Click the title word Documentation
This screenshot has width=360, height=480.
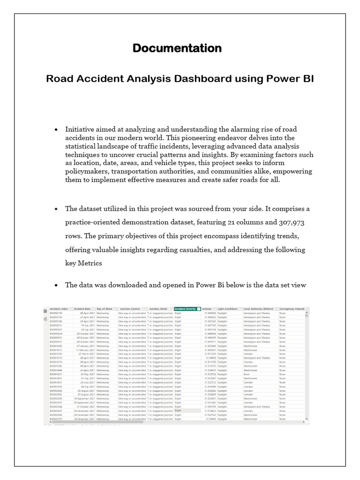[x=177, y=48]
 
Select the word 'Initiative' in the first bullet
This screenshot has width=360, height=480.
[x=82, y=129]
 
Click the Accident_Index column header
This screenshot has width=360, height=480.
[x=59, y=309]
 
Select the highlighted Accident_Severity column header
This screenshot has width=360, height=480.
[x=185, y=309]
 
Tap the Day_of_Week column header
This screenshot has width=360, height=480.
[x=105, y=309]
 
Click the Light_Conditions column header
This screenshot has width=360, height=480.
[x=227, y=309]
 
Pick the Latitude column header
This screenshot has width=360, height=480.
[x=207, y=309]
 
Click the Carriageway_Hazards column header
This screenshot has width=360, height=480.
[x=292, y=309]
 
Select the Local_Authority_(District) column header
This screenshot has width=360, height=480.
[x=258, y=309]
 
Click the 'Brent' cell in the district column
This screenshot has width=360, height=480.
[x=247, y=374]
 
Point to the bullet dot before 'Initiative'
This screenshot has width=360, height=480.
[x=56, y=129]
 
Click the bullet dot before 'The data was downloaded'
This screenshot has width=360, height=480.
[x=56, y=285]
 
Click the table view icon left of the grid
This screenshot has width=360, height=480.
[x=45, y=311]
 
